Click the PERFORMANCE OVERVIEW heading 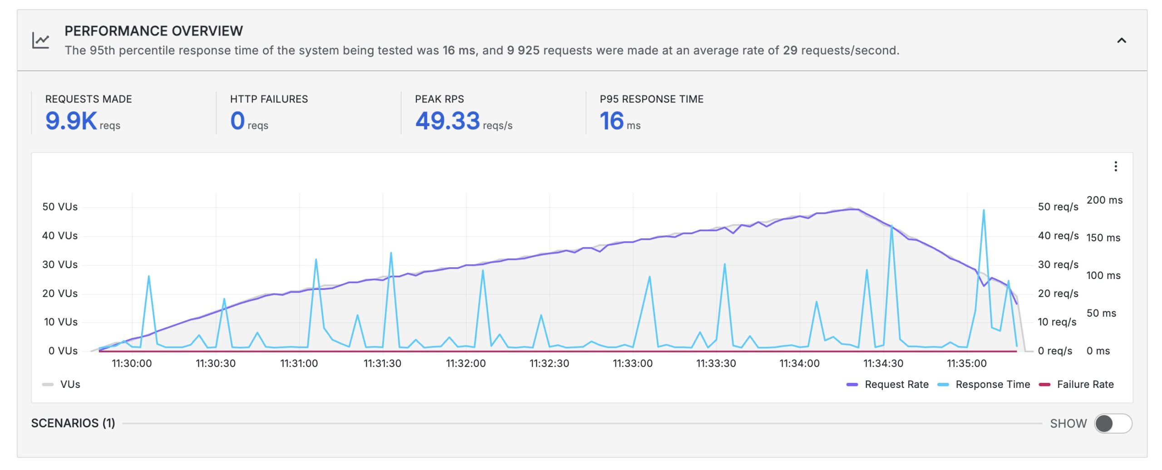point(153,31)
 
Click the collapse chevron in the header point(1121,41)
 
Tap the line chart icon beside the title point(41,40)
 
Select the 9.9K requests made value point(71,121)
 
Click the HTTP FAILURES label point(269,99)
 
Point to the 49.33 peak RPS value point(448,121)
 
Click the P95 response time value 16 point(611,121)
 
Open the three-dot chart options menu point(1115,166)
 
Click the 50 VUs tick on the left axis point(60,207)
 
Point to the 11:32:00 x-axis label point(466,363)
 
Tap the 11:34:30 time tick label point(883,363)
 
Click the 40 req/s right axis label point(1058,236)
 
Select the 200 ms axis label point(1104,200)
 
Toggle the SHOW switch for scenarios point(1113,423)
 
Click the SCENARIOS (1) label point(73,423)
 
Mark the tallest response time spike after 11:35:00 point(983,211)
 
